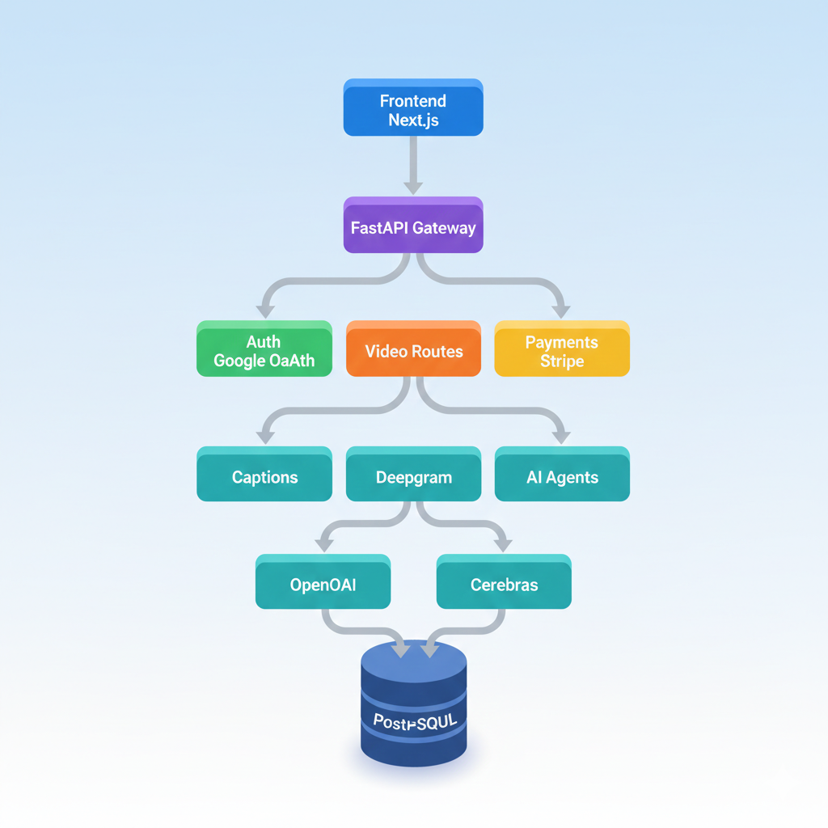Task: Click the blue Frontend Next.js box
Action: click(x=413, y=108)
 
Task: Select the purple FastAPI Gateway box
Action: click(x=413, y=226)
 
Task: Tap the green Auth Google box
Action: click(x=264, y=349)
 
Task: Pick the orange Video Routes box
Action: click(x=413, y=349)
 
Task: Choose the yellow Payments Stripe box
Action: click(x=561, y=349)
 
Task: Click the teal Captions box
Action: click(x=264, y=475)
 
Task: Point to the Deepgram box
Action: click(x=413, y=475)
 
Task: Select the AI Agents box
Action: click(x=561, y=475)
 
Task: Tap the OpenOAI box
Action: click(x=323, y=582)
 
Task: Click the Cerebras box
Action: click(x=504, y=582)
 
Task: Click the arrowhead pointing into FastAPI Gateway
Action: click(x=413, y=187)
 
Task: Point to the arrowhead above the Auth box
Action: click(x=264, y=311)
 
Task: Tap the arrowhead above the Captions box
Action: click(x=264, y=437)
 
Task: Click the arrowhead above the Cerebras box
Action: click(x=503, y=545)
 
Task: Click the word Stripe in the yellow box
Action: click(x=561, y=361)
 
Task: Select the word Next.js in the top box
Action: click(x=413, y=119)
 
